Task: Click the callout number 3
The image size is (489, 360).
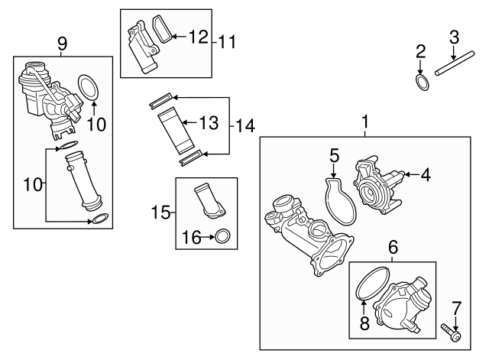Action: point(454,35)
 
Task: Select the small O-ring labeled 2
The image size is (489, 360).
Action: point(420,80)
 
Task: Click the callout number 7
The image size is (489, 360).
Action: point(456,308)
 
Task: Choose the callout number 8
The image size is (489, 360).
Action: point(364,323)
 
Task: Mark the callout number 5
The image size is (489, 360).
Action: point(334,156)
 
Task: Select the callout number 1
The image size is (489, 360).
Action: point(364,122)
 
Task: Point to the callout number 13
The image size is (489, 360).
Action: point(209,122)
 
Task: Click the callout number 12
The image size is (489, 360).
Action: point(197,36)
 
